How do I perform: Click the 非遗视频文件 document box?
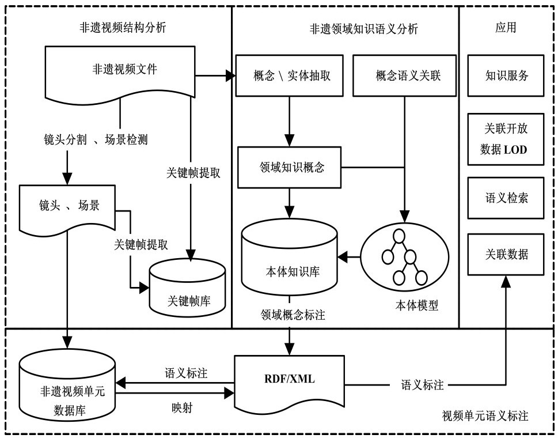point(120,72)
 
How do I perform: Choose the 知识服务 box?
point(505,75)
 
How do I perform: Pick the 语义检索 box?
point(505,198)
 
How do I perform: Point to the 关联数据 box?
point(505,254)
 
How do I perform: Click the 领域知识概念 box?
point(289,168)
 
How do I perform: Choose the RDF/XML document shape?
point(289,380)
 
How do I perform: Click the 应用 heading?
point(505,28)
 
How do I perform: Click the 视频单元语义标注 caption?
point(485,415)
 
